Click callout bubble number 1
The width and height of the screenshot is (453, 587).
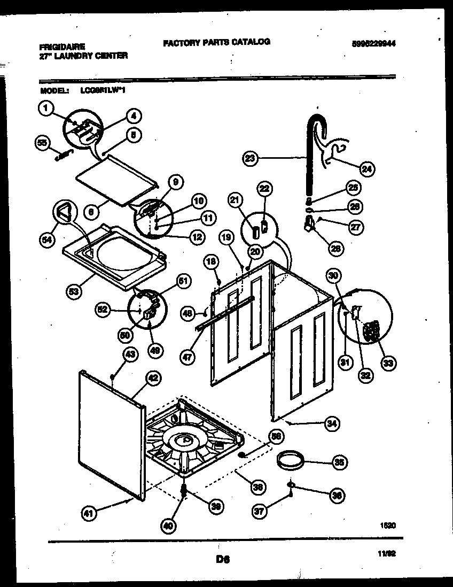click(46, 110)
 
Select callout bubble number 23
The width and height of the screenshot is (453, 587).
click(249, 158)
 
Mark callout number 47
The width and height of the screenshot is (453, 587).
click(187, 358)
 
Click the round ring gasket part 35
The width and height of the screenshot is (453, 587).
click(292, 458)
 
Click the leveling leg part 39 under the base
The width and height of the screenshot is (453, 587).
click(184, 491)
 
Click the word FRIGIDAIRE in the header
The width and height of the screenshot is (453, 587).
click(63, 47)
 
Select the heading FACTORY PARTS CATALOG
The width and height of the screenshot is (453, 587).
click(216, 42)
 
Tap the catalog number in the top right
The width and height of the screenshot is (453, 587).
click(378, 45)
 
